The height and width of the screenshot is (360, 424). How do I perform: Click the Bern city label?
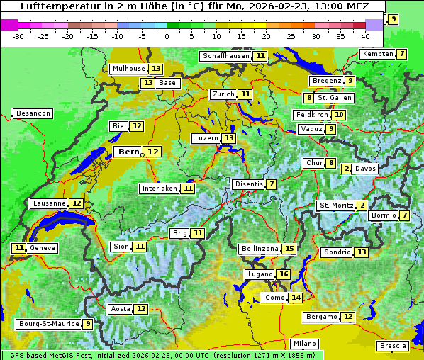(128, 152)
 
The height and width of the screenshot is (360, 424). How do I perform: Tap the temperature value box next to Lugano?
(284, 274)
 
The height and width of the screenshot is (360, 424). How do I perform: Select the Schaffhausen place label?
(225, 56)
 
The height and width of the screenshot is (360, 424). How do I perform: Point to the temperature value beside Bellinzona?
(289, 249)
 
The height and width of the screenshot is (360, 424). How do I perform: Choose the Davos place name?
(366, 169)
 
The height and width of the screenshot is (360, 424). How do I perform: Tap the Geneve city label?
(43, 248)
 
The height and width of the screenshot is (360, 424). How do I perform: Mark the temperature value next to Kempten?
(402, 54)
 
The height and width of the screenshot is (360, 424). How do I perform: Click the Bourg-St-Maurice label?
(47, 324)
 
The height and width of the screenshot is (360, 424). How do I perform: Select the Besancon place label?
(33, 113)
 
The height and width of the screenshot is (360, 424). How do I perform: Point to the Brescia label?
(394, 346)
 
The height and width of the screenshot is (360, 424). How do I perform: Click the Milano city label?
(305, 343)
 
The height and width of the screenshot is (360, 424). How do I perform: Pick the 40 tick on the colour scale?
(365, 35)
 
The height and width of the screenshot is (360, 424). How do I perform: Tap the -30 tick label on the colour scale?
(18, 35)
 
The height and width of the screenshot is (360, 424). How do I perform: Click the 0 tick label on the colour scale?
(167, 35)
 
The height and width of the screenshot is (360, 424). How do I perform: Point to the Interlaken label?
(159, 189)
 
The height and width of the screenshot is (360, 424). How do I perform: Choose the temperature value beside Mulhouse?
(156, 69)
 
